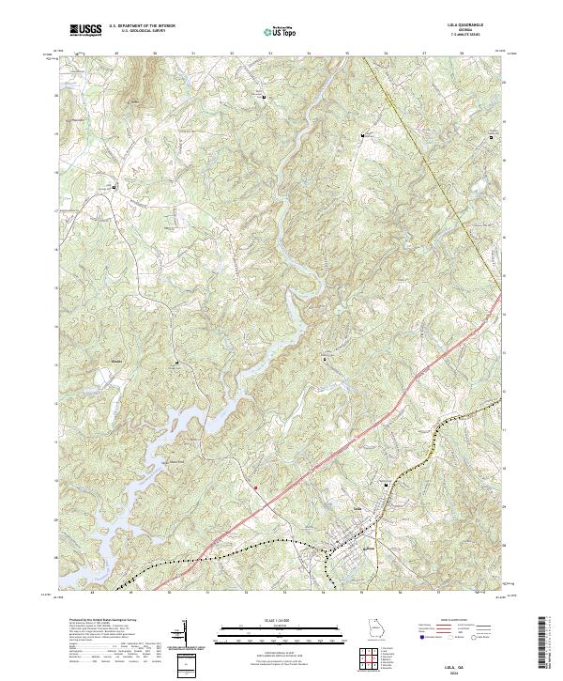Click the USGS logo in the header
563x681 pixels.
85,30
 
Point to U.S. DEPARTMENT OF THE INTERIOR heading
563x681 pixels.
143,26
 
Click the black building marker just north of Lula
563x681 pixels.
387,484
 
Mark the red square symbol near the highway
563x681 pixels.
254,487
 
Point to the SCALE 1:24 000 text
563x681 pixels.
281,618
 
